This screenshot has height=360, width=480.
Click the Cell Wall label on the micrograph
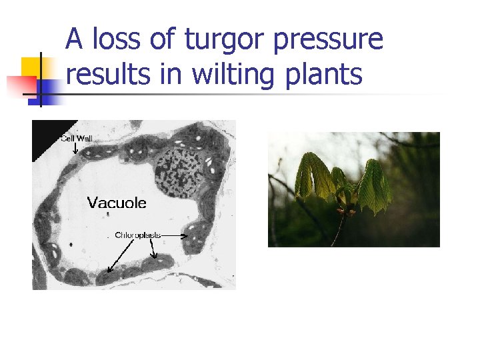point(77,139)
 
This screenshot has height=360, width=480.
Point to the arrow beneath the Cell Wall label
point(75,149)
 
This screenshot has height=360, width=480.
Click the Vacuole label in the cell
point(117,203)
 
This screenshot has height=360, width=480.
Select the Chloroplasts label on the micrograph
point(137,235)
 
